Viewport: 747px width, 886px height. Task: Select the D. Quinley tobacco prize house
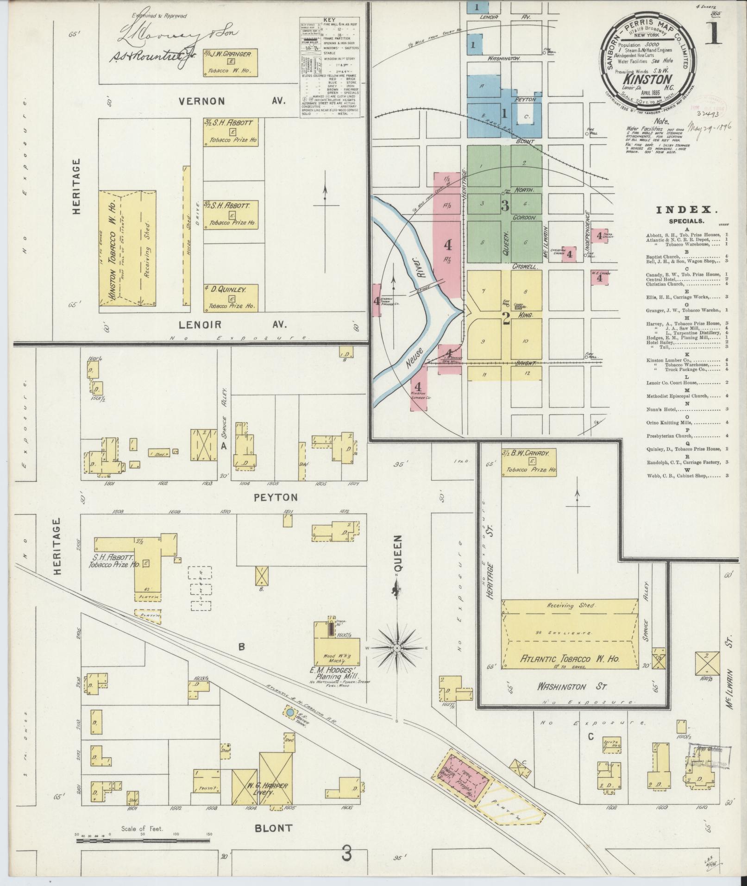click(230, 297)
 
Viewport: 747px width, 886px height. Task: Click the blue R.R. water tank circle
click(290, 726)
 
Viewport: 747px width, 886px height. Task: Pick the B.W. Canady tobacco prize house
click(529, 462)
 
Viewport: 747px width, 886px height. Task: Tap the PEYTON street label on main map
click(275, 497)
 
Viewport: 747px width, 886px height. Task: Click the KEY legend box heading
click(330, 21)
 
